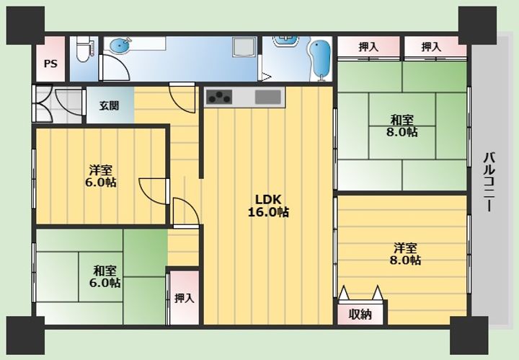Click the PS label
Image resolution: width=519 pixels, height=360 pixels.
tap(50, 63)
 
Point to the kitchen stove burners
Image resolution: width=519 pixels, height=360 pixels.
tap(219, 97)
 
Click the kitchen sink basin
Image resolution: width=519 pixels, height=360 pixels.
tap(268, 97)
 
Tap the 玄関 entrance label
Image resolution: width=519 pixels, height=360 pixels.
tap(110, 105)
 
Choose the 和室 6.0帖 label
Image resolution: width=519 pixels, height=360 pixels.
tap(106, 276)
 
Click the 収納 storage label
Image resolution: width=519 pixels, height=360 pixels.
tap(360, 314)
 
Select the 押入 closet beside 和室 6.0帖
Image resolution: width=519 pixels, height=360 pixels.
tap(184, 297)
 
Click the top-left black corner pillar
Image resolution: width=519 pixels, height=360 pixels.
tap(25, 25)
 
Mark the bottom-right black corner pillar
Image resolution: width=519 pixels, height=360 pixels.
tap(469, 334)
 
